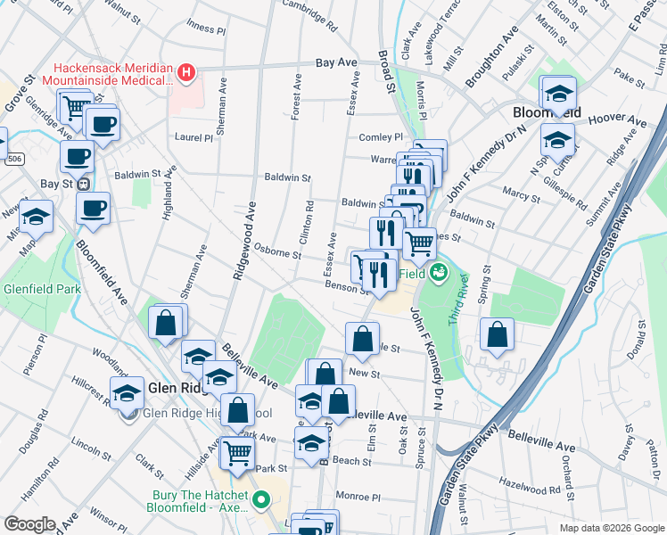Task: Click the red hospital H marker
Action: pos(186,72)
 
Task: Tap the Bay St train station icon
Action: pos(83,185)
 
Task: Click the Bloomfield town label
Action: pos(546,113)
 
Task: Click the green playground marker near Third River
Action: pos(437,272)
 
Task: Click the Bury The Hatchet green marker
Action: pos(260,500)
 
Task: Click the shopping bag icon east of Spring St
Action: pos(498,335)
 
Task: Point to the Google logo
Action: pos(29,524)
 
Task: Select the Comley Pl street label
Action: pos(381,137)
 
